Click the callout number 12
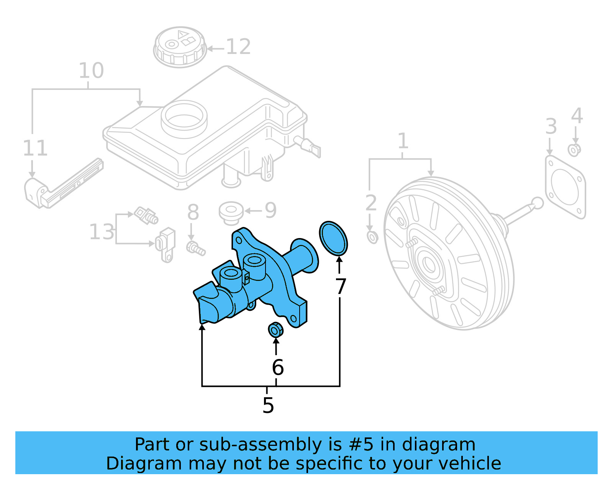238,47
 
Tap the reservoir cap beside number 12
179,47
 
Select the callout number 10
91,71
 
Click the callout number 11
35,148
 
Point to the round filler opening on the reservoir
184,117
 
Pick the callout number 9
270,210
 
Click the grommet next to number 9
231,212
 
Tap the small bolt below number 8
195,248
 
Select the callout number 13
102,232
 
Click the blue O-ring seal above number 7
333,238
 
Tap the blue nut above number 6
275,330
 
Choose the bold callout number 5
268,405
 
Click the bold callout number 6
278,367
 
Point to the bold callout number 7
341,286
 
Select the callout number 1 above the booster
402,141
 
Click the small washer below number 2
372,237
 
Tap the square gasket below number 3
565,188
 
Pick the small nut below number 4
574,150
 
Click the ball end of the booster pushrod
538,203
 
